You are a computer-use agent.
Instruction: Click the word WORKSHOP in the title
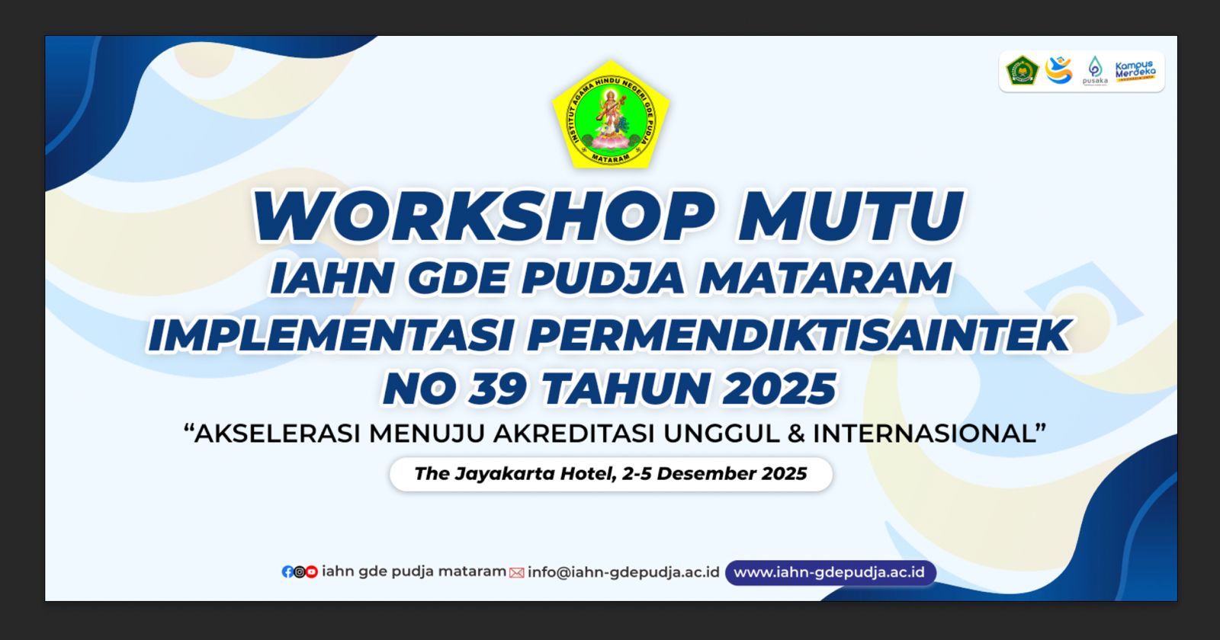pyautogui.click(x=483, y=216)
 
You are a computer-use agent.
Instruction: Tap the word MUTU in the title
pyautogui.click(x=851, y=216)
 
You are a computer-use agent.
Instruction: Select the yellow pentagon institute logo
pyautogui.click(x=611, y=114)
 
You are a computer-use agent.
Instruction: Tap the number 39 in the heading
pyautogui.click(x=498, y=389)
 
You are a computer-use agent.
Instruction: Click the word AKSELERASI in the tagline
pyautogui.click(x=278, y=434)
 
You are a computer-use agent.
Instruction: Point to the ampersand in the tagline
pyautogui.click(x=796, y=434)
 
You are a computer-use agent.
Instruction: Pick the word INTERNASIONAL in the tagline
pyautogui.click(x=924, y=434)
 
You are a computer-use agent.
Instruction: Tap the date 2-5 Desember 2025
pyautogui.click(x=714, y=474)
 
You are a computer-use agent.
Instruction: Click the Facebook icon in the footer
pyautogui.click(x=287, y=572)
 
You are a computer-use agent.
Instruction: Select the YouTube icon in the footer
pyautogui.click(x=312, y=572)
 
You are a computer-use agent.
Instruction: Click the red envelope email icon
pyautogui.click(x=516, y=573)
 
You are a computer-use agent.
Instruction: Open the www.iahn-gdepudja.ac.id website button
pyautogui.click(x=830, y=572)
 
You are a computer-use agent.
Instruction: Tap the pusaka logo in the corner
pyautogui.click(x=1095, y=71)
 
